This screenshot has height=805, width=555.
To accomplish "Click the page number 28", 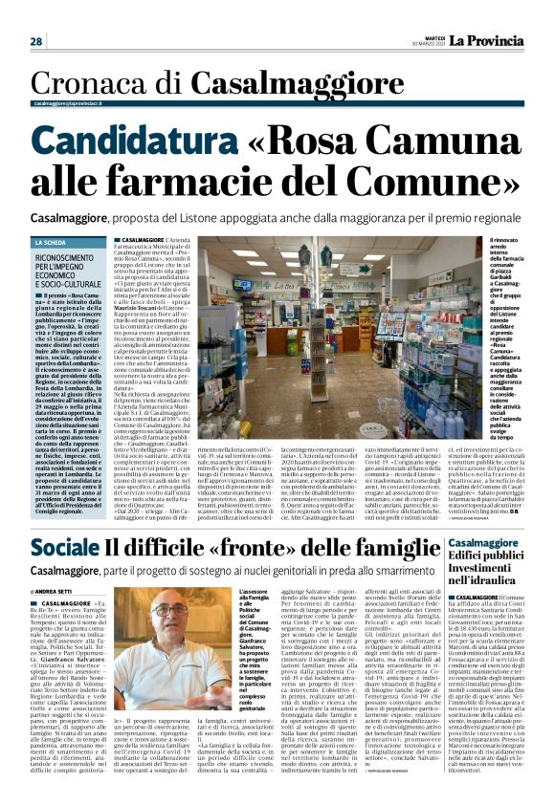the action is (x=35, y=41).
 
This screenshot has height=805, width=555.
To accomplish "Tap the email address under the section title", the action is (x=67, y=103).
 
